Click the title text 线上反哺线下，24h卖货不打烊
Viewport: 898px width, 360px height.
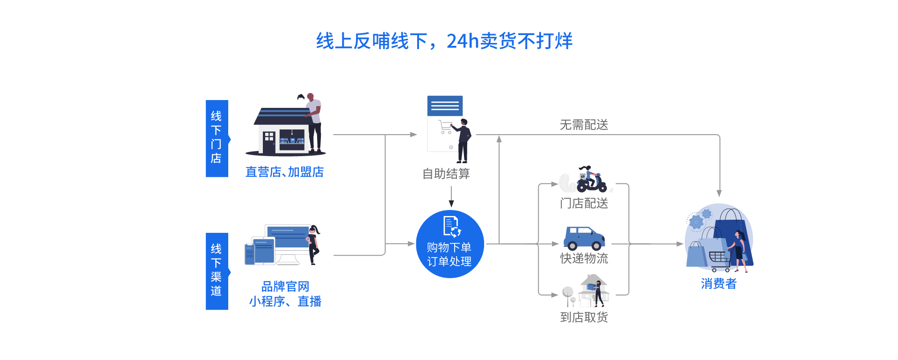click(444, 41)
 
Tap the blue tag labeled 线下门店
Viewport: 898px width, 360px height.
click(217, 138)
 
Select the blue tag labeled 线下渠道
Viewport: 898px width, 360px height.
click(217, 271)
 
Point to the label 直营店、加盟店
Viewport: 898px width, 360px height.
click(285, 172)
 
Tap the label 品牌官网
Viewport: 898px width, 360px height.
click(285, 286)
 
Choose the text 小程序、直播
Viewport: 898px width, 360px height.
click(285, 302)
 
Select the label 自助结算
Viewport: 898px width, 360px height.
click(446, 174)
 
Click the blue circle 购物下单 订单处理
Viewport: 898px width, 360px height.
click(450, 244)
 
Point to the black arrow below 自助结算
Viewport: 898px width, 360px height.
click(451, 196)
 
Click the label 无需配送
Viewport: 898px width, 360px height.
click(584, 125)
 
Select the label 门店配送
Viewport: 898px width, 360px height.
click(584, 203)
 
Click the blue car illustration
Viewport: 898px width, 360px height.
click(584, 238)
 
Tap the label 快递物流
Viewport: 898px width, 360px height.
click(584, 258)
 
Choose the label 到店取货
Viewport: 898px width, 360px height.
click(584, 317)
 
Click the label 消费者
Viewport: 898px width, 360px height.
click(719, 284)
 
